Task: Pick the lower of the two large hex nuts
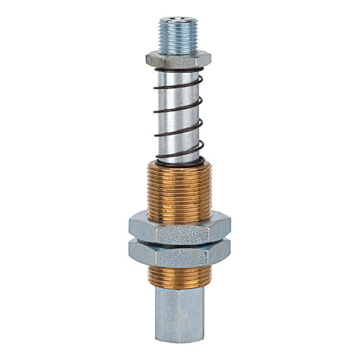[x=180, y=253]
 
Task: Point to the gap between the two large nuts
[x=180, y=241]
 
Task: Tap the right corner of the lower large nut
[x=232, y=252]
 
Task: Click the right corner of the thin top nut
[x=211, y=59]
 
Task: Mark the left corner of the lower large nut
[x=129, y=252]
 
